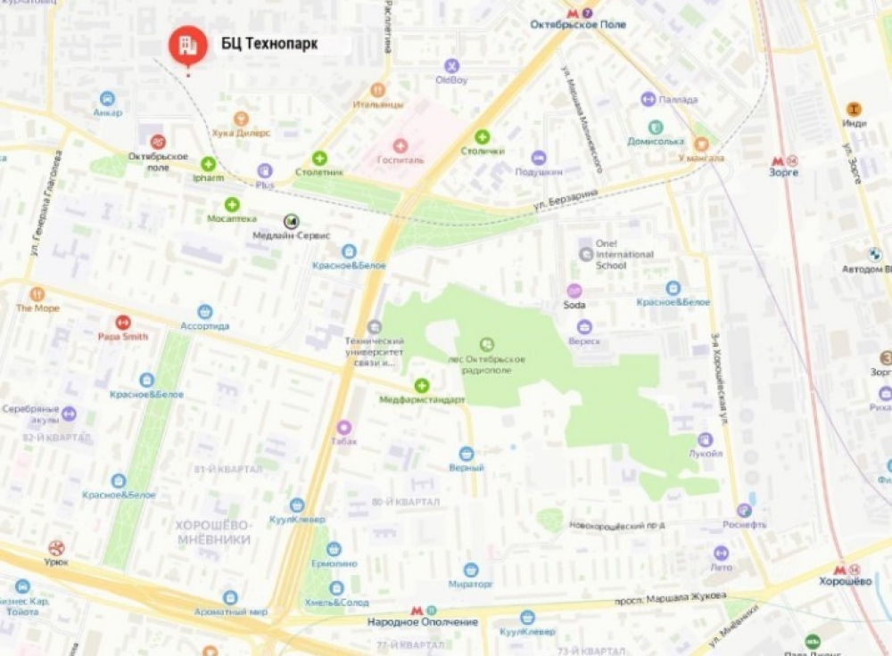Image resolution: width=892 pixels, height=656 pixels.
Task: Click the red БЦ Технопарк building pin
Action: tap(187, 45)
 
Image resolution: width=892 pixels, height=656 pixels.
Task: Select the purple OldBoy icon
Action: tap(451, 65)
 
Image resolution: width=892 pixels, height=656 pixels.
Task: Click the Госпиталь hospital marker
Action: tap(401, 144)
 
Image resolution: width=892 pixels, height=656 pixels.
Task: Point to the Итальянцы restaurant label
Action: tap(377, 104)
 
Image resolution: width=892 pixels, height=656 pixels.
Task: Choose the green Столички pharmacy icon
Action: tap(482, 136)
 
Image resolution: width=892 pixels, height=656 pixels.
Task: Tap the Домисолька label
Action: tap(655, 141)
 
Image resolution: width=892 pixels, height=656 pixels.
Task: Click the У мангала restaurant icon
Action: tap(701, 143)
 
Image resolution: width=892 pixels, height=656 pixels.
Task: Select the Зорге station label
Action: tap(783, 172)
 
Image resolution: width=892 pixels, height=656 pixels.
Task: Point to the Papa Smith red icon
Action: tap(123, 322)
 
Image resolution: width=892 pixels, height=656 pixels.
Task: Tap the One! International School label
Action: tap(624, 254)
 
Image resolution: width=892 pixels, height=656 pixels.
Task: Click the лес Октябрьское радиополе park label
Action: tap(487, 359)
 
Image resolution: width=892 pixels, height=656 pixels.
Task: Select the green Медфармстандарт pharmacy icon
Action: tap(421, 385)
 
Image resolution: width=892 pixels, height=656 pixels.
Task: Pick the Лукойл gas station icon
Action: tap(705, 439)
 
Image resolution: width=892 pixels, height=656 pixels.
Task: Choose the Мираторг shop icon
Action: tap(471, 570)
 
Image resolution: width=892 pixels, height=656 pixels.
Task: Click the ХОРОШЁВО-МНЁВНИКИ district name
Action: tap(213, 532)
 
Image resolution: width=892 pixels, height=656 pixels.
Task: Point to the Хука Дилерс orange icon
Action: tap(241, 119)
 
